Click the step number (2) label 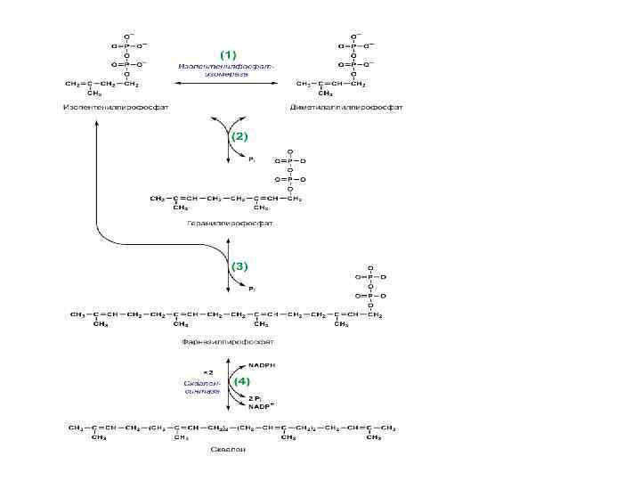239,137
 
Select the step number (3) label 239,265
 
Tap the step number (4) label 239,380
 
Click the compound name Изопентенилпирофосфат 116,107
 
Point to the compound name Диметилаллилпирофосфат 346,107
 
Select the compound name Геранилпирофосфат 230,223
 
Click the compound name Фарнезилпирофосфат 230,340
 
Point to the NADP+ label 261,406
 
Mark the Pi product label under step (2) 252,159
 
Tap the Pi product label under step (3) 252,289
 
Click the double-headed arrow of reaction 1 228,84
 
